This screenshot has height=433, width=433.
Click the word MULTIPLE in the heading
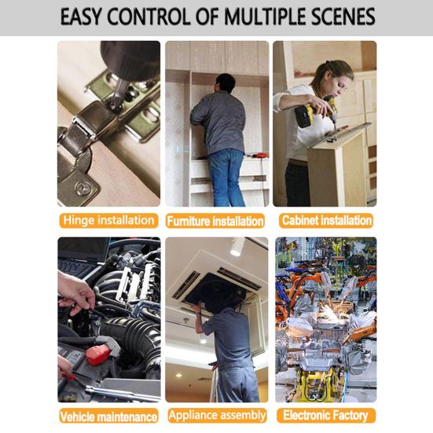[x=266, y=17]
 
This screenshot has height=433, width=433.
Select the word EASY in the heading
[x=81, y=17]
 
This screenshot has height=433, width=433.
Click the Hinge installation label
[x=108, y=221]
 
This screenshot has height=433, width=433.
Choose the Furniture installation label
[x=215, y=221]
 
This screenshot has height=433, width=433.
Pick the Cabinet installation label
[x=326, y=221]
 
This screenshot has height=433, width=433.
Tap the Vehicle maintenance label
[x=108, y=416]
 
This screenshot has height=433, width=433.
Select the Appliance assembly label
[x=217, y=415]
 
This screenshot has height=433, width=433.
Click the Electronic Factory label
[x=326, y=416]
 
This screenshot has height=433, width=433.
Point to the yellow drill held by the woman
[x=315, y=113]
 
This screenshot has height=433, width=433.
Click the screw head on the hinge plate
[x=83, y=188]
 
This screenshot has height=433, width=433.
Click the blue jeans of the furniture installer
[x=226, y=178]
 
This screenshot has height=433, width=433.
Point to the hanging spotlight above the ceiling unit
[x=237, y=246]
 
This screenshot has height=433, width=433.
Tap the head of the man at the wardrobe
[x=226, y=83]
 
